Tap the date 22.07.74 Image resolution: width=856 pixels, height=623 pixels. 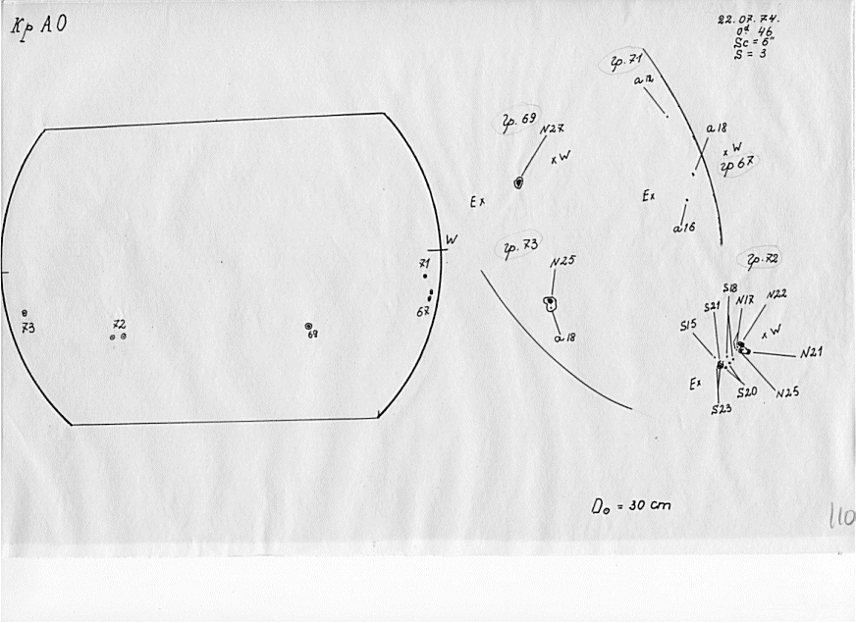[742, 19]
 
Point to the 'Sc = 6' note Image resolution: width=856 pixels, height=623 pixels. [748, 43]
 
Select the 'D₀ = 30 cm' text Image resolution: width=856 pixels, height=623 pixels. [630, 507]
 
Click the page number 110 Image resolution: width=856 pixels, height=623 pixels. [840, 516]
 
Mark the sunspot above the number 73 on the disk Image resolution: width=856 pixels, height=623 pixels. [25, 313]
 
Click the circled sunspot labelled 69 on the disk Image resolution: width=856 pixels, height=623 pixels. [308, 326]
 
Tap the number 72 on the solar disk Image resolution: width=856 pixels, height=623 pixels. [119, 324]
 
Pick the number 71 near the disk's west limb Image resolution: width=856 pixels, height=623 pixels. [424, 263]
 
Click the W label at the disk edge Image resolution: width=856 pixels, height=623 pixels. [451, 239]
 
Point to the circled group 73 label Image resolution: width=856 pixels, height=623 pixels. [521, 246]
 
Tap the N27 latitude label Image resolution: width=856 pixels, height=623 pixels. [553, 130]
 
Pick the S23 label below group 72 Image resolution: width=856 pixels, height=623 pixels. [722, 408]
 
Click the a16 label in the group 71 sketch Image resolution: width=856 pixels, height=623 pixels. [683, 227]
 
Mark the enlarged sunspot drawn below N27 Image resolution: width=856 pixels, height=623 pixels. [519, 182]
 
